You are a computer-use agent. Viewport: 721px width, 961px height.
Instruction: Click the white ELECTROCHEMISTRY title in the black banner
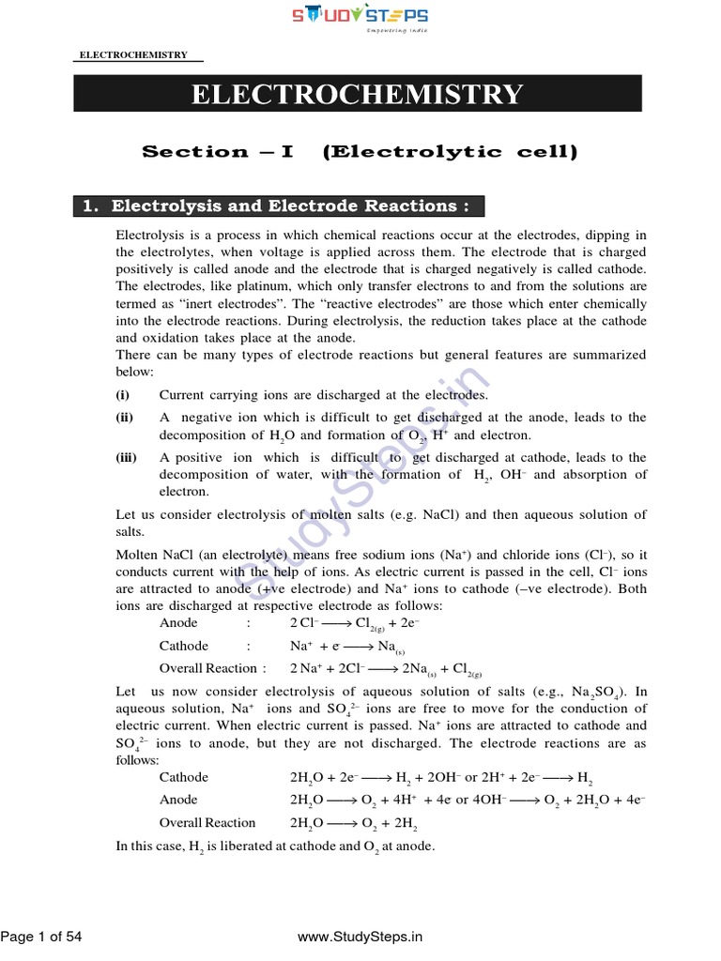pyautogui.click(x=358, y=95)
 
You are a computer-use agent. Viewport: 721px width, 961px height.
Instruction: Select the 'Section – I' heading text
pyautogui.click(x=217, y=152)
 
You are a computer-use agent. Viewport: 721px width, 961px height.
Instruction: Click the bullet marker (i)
pyautogui.click(x=123, y=396)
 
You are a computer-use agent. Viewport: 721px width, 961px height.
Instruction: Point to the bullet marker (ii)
pyautogui.click(x=125, y=418)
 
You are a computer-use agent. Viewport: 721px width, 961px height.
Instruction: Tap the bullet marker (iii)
pyautogui.click(x=127, y=458)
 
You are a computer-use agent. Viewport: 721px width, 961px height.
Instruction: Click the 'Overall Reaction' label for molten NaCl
pyautogui.click(x=207, y=668)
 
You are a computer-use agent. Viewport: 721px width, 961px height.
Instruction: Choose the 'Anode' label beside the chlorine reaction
pyautogui.click(x=179, y=623)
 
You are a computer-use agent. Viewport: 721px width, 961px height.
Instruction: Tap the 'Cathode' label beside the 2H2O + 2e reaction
pyautogui.click(x=184, y=777)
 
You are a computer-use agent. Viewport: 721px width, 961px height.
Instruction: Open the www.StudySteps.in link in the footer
pyautogui.click(x=360, y=936)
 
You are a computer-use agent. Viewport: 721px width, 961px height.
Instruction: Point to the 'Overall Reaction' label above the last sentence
pyautogui.click(x=207, y=823)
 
